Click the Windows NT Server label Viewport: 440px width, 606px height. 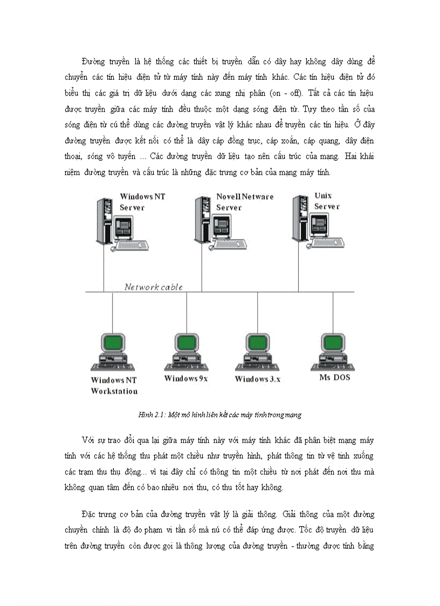pos(142,202)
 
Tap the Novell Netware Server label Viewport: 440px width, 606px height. pos(245,202)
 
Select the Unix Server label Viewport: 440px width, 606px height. pos(327,201)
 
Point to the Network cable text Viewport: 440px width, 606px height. pos(154,287)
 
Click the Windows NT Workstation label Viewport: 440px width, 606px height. pos(114,385)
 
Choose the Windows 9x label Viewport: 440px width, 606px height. pos(186,378)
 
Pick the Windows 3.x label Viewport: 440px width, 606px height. pos(257,379)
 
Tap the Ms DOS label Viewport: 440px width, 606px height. pos(334,377)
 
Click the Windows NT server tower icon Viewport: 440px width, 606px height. pos(102,221)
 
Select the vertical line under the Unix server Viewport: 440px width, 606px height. pos(298,270)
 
